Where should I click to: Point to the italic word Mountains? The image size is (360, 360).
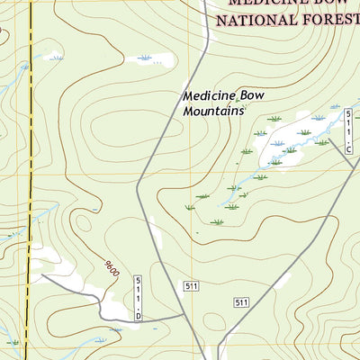(214, 111)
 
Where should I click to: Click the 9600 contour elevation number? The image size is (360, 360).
(111, 268)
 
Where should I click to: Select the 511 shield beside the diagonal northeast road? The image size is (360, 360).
(240, 302)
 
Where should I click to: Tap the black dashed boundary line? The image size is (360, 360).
(30, 180)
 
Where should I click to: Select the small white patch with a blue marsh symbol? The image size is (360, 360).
(149, 60)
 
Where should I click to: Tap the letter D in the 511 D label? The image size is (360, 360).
(139, 315)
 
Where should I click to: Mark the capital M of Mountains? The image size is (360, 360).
(189, 111)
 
